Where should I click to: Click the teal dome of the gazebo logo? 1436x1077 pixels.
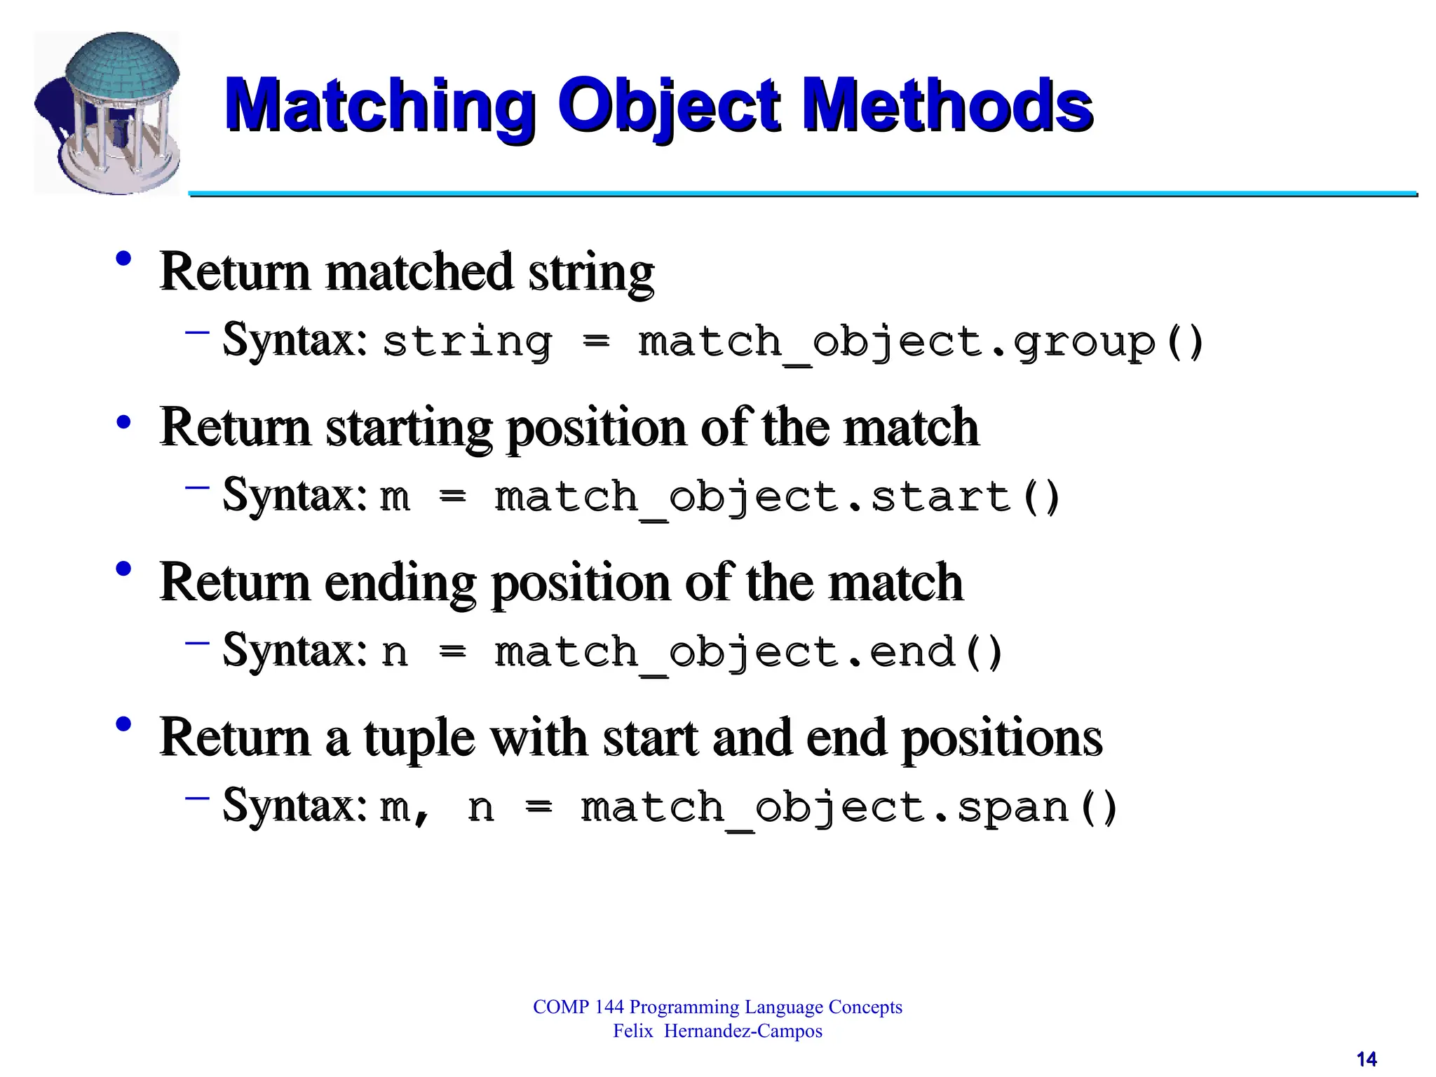coord(122,67)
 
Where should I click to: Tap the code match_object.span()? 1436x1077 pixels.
coord(848,808)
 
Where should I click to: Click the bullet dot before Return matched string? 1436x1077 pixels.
coord(124,259)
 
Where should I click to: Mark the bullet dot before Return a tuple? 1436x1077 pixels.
coord(124,725)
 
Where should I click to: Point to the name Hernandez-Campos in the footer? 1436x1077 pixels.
coord(743,1031)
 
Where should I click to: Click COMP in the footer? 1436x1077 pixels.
coord(560,1008)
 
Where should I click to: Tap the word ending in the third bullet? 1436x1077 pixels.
coord(400,583)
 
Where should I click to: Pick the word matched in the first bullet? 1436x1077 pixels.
coord(419,272)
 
